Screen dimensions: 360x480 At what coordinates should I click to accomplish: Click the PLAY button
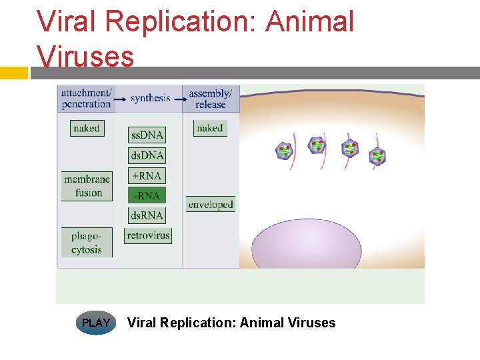click(96, 323)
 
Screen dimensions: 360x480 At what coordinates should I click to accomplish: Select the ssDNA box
click(147, 135)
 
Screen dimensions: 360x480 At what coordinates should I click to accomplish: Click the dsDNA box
click(147, 155)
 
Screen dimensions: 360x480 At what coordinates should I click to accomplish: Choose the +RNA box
click(147, 175)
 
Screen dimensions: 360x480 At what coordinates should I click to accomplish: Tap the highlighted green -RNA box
click(147, 195)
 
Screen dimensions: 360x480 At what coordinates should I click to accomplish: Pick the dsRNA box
click(147, 215)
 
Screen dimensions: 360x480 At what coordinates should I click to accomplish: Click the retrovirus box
click(148, 235)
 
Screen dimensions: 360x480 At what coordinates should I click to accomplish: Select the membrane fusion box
click(87, 186)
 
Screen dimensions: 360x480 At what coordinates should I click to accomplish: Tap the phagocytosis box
click(87, 243)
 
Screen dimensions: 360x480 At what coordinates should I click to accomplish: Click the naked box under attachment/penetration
click(87, 128)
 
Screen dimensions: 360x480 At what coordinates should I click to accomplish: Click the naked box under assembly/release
click(210, 128)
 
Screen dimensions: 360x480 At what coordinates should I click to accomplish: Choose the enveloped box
click(211, 205)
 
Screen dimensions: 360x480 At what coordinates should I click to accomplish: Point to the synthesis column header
click(150, 98)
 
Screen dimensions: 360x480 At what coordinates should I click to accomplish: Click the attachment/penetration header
click(87, 98)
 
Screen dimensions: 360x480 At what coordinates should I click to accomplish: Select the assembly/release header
click(211, 98)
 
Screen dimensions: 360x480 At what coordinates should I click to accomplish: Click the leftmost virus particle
click(285, 151)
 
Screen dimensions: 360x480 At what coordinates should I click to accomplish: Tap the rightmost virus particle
click(378, 157)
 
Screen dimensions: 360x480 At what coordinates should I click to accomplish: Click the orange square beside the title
click(13, 73)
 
